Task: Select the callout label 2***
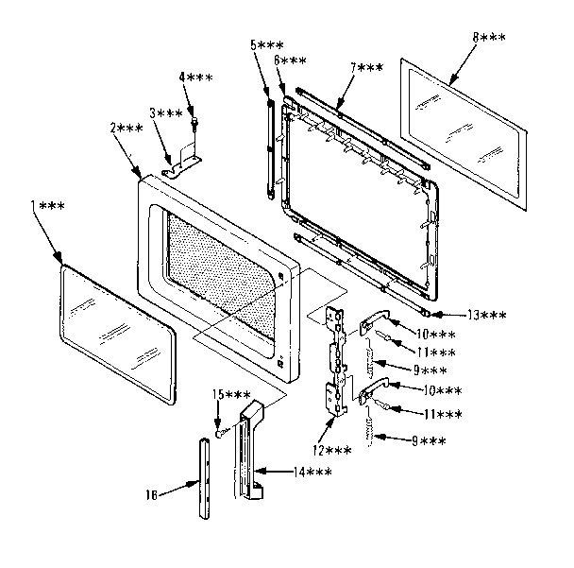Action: pyautogui.click(x=126, y=127)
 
